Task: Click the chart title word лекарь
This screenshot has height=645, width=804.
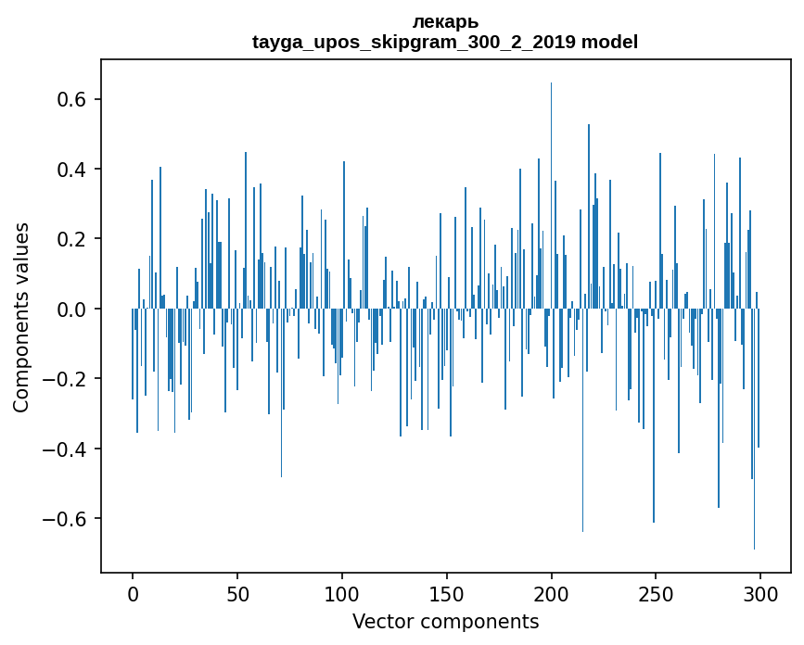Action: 445,21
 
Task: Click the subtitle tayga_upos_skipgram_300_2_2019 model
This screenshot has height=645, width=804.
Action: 445,42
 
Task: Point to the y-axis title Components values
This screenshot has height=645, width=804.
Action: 21,317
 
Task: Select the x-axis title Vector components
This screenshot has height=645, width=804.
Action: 445,621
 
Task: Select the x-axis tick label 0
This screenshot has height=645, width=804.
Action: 133,593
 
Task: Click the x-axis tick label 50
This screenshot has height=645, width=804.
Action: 237,593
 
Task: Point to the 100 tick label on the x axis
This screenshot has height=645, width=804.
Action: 342,593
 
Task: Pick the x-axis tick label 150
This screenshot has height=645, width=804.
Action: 447,593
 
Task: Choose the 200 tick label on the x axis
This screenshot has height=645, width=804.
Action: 552,593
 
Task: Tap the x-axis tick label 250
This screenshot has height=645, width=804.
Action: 657,593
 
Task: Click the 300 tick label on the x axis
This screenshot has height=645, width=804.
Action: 760,593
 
